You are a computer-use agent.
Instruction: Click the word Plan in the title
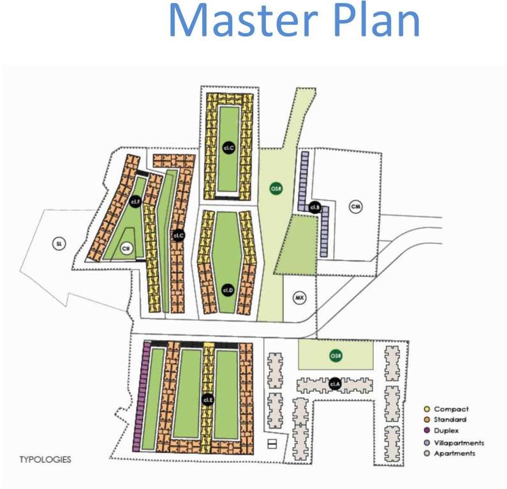click(x=374, y=20)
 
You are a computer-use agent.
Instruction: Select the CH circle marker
click(x=126, y=250)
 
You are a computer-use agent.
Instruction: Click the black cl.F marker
click(x=135, y=202)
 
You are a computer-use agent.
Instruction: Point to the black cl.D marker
click(x=228, y=289)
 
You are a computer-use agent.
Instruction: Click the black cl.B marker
click(x=314, y=207)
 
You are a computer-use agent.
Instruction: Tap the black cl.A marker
click(x=335, y=383)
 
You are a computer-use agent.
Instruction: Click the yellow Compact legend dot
click(x=427, y=409)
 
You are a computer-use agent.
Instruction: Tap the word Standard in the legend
click(x=450, y=420)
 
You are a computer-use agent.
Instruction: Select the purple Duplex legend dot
click(x=427, y=431)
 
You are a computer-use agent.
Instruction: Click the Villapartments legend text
click(x=459, y=443)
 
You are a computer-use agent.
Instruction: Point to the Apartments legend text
click(x=454, y=453)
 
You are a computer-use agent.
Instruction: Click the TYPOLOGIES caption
click(x=45, y=458)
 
